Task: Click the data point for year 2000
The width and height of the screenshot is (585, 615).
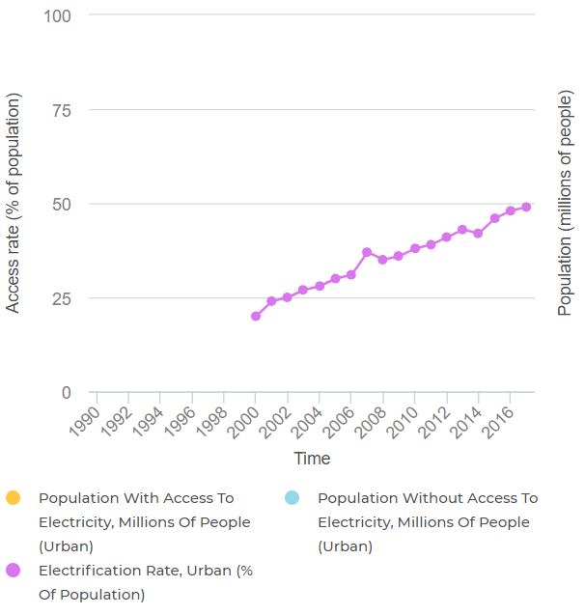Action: point(256,316)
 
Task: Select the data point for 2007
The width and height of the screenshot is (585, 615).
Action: point(367,252)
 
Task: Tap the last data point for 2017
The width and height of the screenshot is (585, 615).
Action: point(526,207)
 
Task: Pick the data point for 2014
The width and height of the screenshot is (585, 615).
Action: point(478,234)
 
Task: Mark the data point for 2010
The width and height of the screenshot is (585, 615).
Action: point(415,248)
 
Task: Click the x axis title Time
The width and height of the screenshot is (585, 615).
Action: point(312,459)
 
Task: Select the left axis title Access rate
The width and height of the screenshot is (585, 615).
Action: point(14,203)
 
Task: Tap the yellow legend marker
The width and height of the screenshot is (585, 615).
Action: point(14,498)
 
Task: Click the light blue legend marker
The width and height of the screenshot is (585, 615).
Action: point(292,498)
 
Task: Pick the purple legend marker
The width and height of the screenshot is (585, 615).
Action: point(14,571)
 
